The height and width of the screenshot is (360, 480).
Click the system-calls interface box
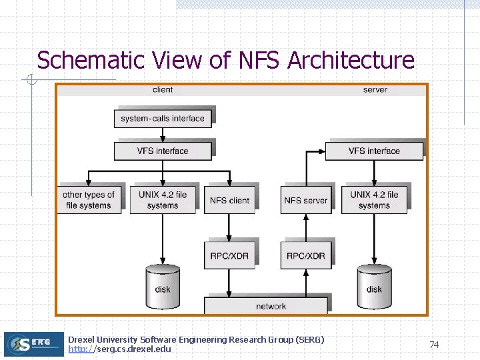(x=163, y=119)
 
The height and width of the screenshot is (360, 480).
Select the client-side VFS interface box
(x=163, y=151)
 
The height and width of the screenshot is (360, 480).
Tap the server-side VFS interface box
(x=374, y=151)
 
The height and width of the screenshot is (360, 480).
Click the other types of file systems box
(x=89, y=200)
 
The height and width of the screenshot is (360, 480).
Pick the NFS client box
(x=229, y=200)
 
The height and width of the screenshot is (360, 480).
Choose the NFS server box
(x=306, y=200)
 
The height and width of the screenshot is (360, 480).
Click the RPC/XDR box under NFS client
(x=229, y=255)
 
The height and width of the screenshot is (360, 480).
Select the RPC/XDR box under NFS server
(x=306, y=255)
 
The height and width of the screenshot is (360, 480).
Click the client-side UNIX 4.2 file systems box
(x=163, y=200)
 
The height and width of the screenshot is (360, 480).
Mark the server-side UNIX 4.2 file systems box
(x=374, y=200)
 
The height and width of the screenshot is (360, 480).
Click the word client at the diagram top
(x=163, y=89)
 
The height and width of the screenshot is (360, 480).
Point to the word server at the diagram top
(x=375, y=89)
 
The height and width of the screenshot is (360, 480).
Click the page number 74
(x=434, y=345)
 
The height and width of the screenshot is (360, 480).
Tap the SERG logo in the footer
(x=33, y=344)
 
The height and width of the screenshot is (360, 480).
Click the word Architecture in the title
(x=351, y=60)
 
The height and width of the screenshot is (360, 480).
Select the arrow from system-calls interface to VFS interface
(x=163, y=135)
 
